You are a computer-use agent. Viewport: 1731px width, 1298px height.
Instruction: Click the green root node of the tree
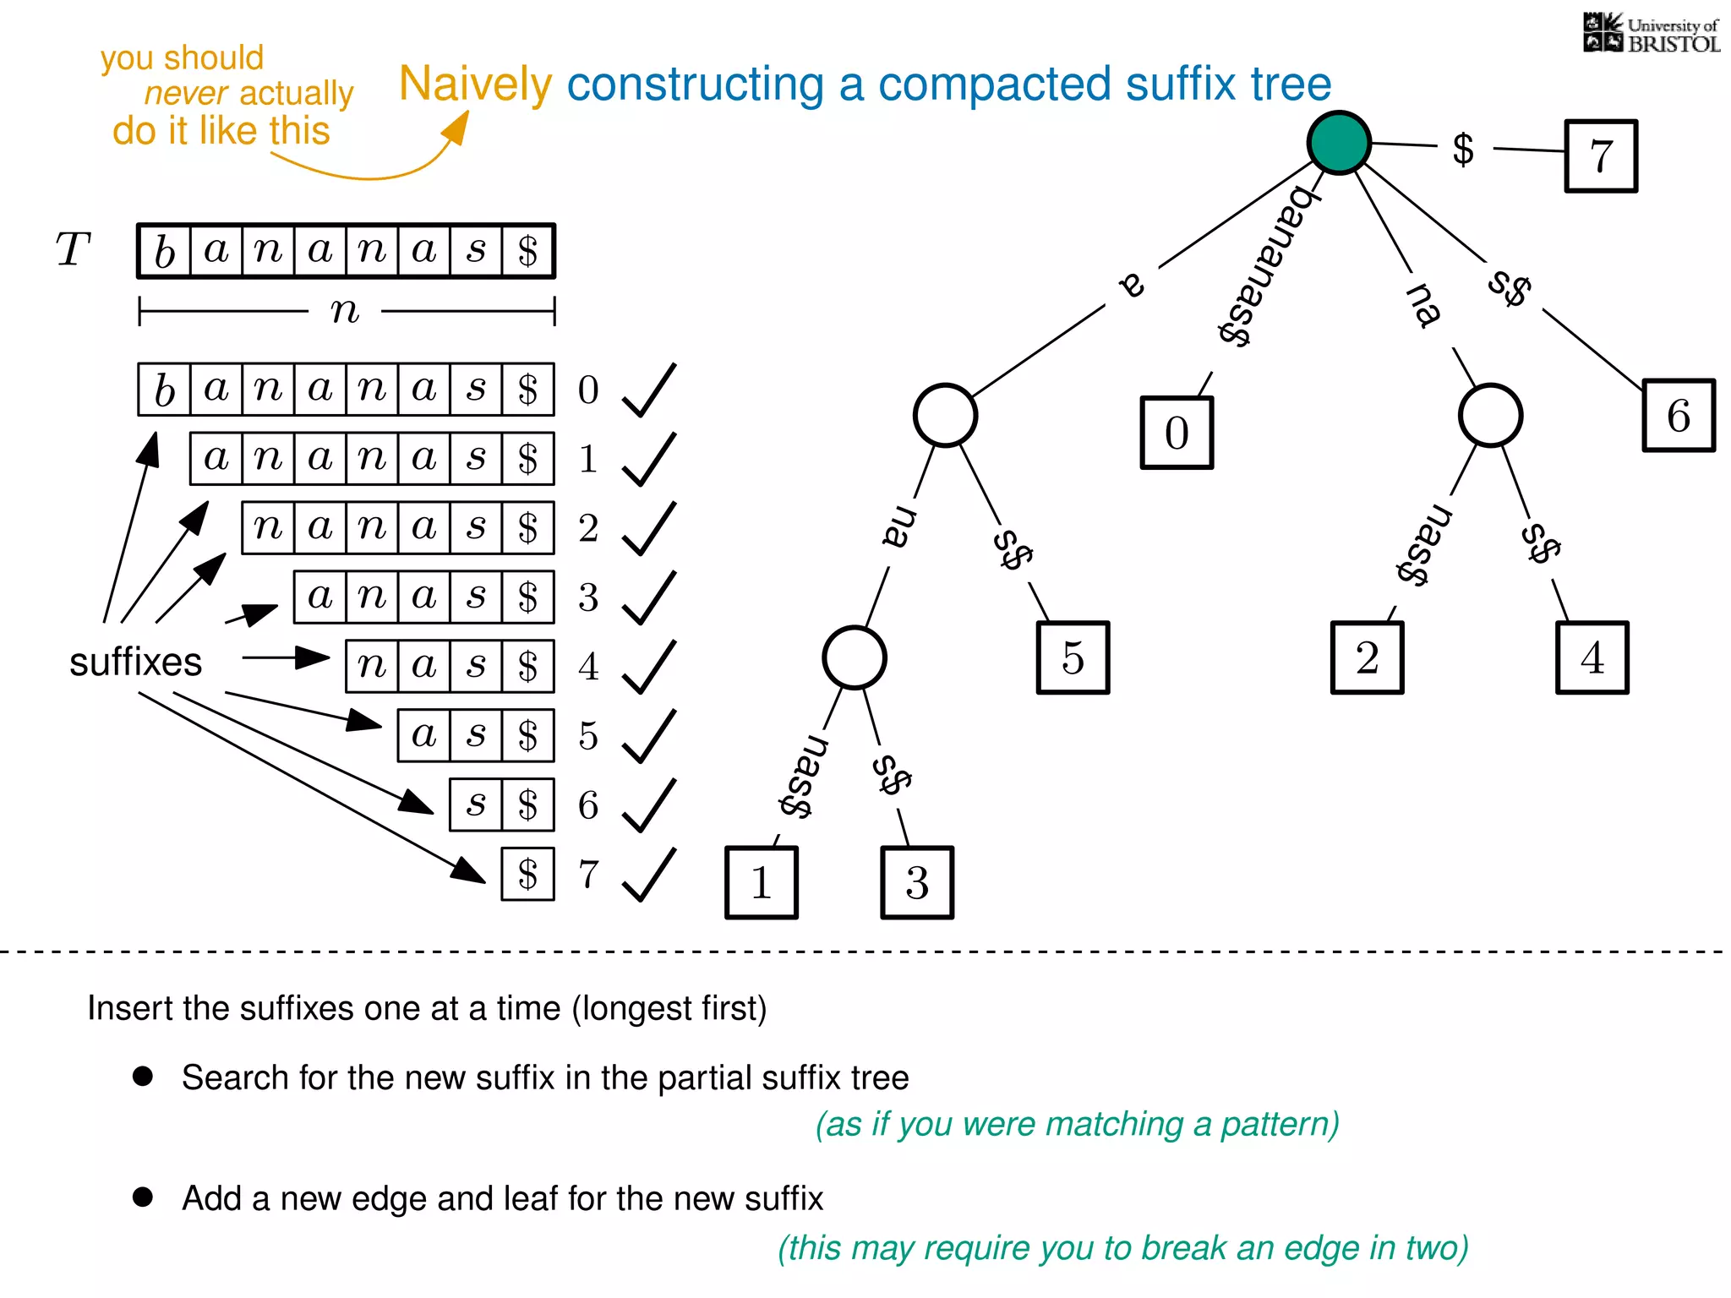pos(1339,142)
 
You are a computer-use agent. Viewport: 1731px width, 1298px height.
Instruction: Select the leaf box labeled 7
pos(1601,156)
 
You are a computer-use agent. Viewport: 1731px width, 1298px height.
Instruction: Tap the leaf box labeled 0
pos(1177,433)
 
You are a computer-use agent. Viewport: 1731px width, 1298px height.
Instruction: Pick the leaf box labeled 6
pos(1679,416)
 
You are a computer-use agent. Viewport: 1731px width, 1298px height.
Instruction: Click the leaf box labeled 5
pos(1073,657)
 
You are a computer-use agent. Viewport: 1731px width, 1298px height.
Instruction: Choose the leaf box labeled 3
pos(917,882)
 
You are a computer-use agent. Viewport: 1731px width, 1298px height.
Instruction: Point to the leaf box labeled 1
pos(762,882)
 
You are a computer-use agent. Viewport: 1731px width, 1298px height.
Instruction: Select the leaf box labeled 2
pos(1367,657)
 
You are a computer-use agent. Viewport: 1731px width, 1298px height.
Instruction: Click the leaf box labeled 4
pos(1592,657)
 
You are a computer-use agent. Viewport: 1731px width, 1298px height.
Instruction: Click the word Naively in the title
pos(475,85)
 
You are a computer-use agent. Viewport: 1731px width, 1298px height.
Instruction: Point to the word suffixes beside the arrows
pos(135,662)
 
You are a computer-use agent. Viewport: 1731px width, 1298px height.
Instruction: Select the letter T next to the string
pos(73,250)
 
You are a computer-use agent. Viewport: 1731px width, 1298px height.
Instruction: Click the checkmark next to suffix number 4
pos(649,667)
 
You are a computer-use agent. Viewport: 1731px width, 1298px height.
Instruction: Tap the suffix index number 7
pos(588,874)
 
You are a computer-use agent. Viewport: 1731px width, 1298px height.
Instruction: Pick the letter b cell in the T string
pos(165,251)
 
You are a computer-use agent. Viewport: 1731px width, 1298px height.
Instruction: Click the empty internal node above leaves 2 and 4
pos(1490,416)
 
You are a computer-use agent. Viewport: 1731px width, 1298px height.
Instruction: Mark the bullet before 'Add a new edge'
pos(143,1197)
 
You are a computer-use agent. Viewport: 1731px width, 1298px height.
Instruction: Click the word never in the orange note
pos(186,94)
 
